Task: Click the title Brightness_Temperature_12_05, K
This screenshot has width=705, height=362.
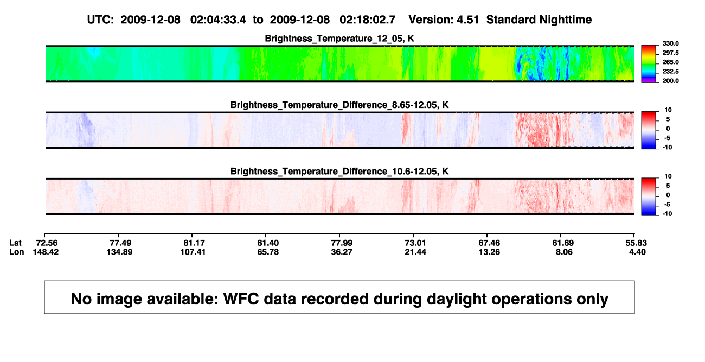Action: point(339,39)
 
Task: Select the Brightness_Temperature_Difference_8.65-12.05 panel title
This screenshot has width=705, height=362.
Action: point(339,105)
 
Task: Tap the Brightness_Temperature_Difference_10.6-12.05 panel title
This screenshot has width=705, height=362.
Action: point(339,172)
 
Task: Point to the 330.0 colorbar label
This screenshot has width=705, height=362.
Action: point(670,43)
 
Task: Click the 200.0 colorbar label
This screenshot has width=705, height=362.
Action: point(670,81)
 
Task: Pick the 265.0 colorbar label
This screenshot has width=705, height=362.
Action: point(670,62)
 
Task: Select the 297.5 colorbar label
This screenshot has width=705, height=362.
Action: point(670,53)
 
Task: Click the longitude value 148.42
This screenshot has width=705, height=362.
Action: point(46,252)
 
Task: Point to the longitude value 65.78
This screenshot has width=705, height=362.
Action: point(268,252)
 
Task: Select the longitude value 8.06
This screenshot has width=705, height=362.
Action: point(564,252)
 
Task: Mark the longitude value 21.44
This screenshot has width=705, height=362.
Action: point(415,252)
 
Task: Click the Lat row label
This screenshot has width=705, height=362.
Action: point(15,243)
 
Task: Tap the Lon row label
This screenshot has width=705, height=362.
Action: point(16,252)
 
